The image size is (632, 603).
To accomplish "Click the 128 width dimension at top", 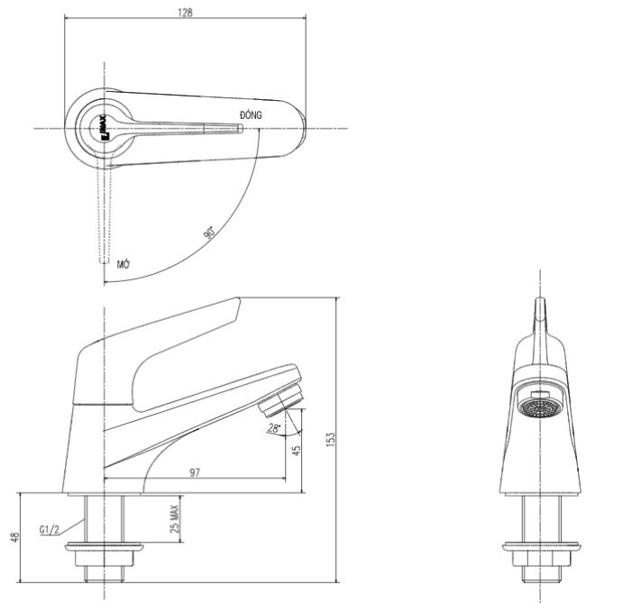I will click(186, 13).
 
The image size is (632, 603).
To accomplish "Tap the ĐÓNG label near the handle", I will click(251, 115).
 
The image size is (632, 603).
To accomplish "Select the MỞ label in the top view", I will click(124, 264).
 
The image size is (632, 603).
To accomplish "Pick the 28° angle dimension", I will click(273, 427).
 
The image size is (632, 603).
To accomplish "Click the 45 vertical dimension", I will click(295, 450).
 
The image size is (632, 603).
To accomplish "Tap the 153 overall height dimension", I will click(332, 436).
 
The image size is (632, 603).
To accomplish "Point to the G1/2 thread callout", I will click(51, 529).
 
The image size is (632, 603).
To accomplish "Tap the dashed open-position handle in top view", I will click(104, 216).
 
